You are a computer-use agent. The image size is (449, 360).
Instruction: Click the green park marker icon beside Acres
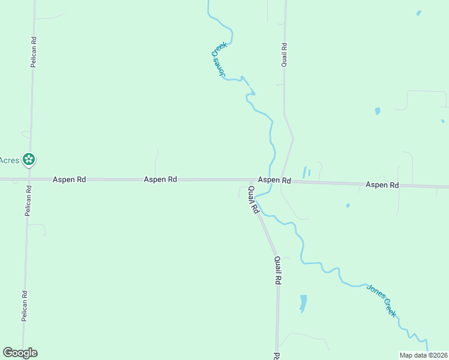[28, 160]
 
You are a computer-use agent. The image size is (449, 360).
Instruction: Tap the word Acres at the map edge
[9, 160]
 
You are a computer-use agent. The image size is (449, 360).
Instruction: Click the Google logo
[20, 353]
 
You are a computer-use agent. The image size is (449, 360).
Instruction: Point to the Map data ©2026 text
[423, 355]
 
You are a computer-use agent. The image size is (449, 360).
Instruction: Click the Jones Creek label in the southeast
[382, 299]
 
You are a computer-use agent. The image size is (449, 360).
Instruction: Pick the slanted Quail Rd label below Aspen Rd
[253, 200]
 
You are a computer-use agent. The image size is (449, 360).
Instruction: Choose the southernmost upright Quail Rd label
[277, 271]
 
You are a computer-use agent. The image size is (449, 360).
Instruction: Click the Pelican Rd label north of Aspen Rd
[34, 53]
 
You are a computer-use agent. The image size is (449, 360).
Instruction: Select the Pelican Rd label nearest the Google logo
[25, 307]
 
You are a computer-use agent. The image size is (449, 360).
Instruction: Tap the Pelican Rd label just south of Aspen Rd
[28, 200]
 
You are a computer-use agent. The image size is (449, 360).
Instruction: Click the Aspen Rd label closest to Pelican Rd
[69, 179]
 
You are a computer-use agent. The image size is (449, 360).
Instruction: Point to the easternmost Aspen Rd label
[382, 185]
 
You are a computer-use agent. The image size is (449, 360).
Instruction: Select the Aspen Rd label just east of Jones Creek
[274, 180]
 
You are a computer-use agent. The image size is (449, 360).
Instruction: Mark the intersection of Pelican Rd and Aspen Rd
[29, 179]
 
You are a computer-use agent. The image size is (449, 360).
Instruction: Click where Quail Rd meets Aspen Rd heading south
[250, 180]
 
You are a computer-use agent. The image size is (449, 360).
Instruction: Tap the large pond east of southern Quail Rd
[303, 302]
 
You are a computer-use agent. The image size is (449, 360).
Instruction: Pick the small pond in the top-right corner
[418, 13]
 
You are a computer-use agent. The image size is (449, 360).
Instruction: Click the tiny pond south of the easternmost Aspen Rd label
[348, 206]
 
